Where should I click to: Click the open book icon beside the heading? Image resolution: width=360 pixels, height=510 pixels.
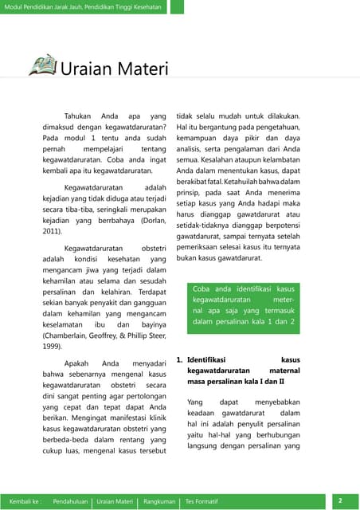point(42,65)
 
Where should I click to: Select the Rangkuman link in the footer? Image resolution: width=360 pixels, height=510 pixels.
point(159,500)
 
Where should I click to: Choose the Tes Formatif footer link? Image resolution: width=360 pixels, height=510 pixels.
point(202,500)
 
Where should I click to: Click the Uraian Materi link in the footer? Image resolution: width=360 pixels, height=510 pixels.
point(115,500)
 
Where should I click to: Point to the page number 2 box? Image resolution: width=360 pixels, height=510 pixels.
point(340,500)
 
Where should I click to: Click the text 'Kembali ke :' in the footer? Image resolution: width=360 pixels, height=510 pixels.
point(24,500)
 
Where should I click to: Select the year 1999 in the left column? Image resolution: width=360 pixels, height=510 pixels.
point(52,347)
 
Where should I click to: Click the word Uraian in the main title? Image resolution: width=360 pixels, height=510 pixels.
point(87,69)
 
